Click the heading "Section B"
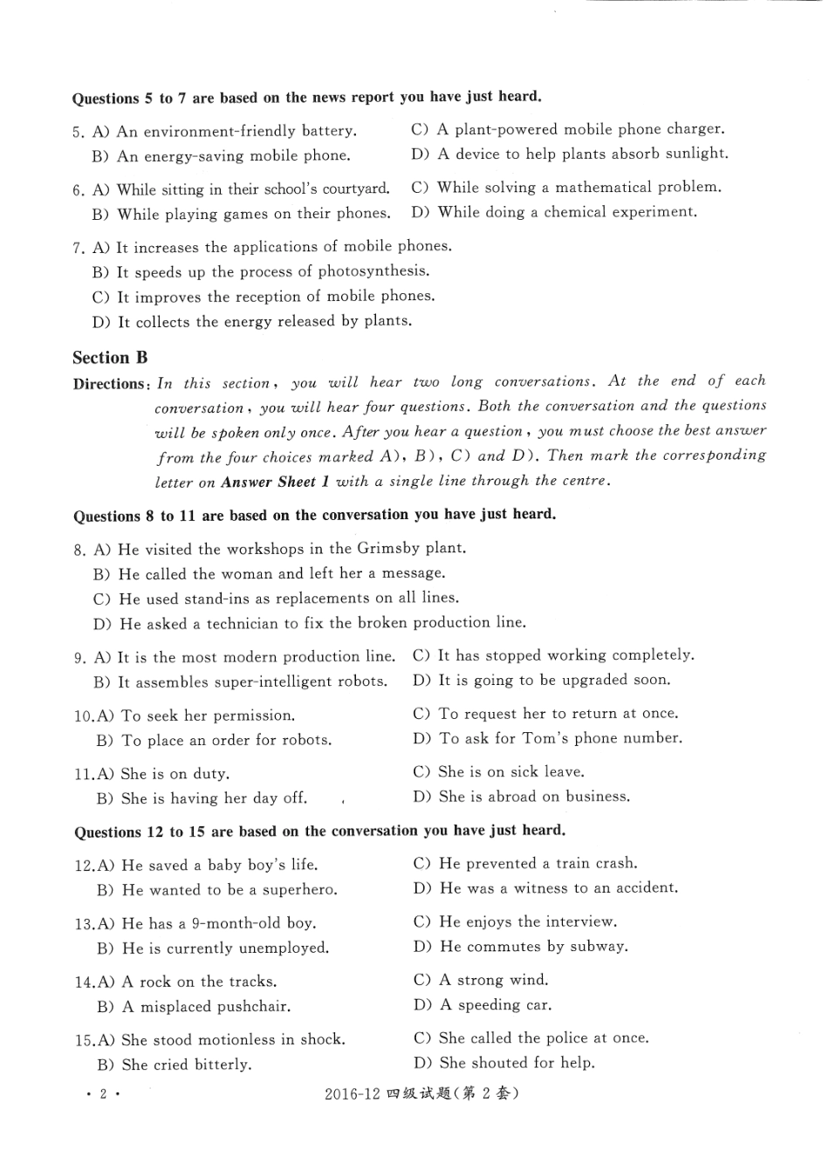coord(110,358)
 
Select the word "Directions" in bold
coord(108,384)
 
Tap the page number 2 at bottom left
coord(103,1094)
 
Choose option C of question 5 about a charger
coord(568,129)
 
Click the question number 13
coord(84,924)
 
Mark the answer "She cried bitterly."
coord(175,1065)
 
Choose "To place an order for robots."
coord(214,740)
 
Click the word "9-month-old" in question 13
coord(230,923)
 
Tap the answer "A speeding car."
coord(483,1005)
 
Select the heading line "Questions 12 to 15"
coord(319,831)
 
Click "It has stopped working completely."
coord(554,655)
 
